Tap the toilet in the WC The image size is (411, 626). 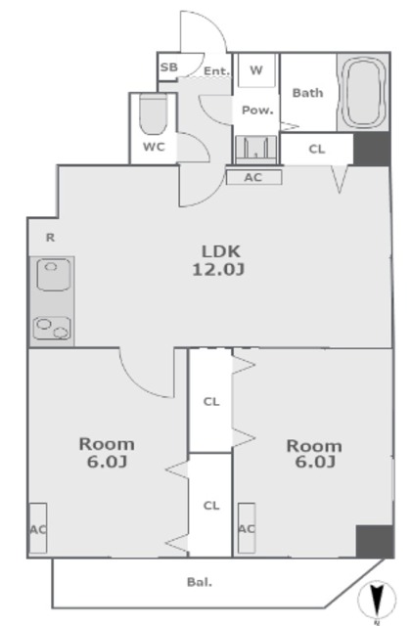(153, 114)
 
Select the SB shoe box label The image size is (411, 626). (168, 67)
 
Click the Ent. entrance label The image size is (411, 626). (217, 71)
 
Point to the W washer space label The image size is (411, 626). (256, 70)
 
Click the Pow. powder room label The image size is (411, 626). (257, 110)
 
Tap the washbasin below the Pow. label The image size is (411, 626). (255, 150)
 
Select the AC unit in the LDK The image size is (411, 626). (254, 177)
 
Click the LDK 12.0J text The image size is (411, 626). (219, 261)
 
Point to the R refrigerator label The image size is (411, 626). (50, 238)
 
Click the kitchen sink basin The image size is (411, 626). (54, 274)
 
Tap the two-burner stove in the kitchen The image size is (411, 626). (52, 329)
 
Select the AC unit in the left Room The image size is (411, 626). (38, 528)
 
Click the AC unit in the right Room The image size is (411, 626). (247, 528)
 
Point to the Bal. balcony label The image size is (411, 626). (200, 583)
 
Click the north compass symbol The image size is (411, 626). (377, 599)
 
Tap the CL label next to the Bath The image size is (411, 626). (317, 150)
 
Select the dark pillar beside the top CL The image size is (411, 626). (372, 149)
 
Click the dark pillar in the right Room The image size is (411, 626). (375, 541)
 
